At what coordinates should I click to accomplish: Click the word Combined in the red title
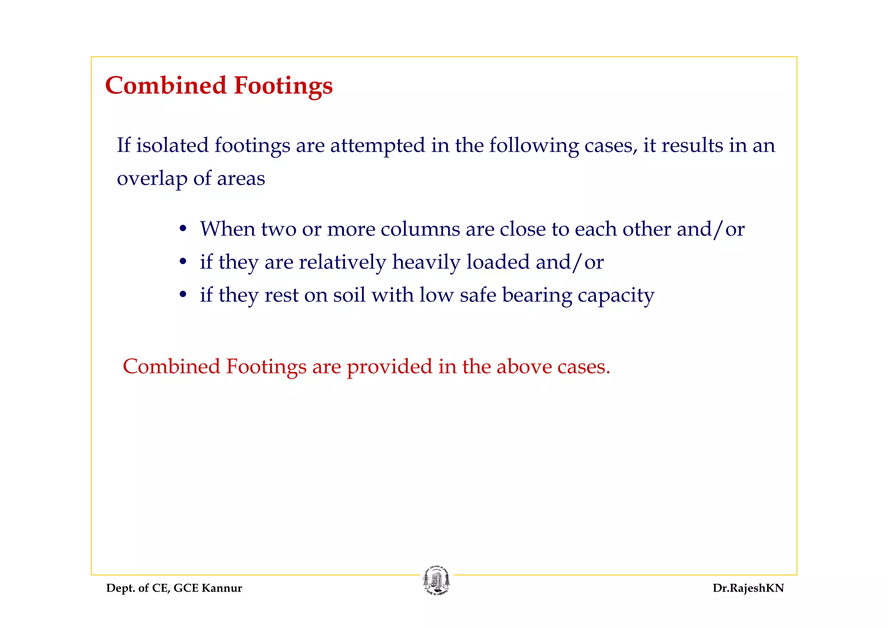(166, 85)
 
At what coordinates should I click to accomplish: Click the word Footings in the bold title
(283, 86)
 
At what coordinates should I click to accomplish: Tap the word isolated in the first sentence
(172, 145)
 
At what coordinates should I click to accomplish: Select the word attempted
(378, 146)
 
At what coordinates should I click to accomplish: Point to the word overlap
(152, 179)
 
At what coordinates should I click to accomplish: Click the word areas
(241, 179)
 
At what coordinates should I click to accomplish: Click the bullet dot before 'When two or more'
(183, 229)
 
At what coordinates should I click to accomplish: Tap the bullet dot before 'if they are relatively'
(183, 262)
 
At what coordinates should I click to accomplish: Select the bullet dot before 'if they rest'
(183, 294)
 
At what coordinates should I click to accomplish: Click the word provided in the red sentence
(389, 367)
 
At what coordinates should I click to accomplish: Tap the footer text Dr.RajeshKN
(748, 588)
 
